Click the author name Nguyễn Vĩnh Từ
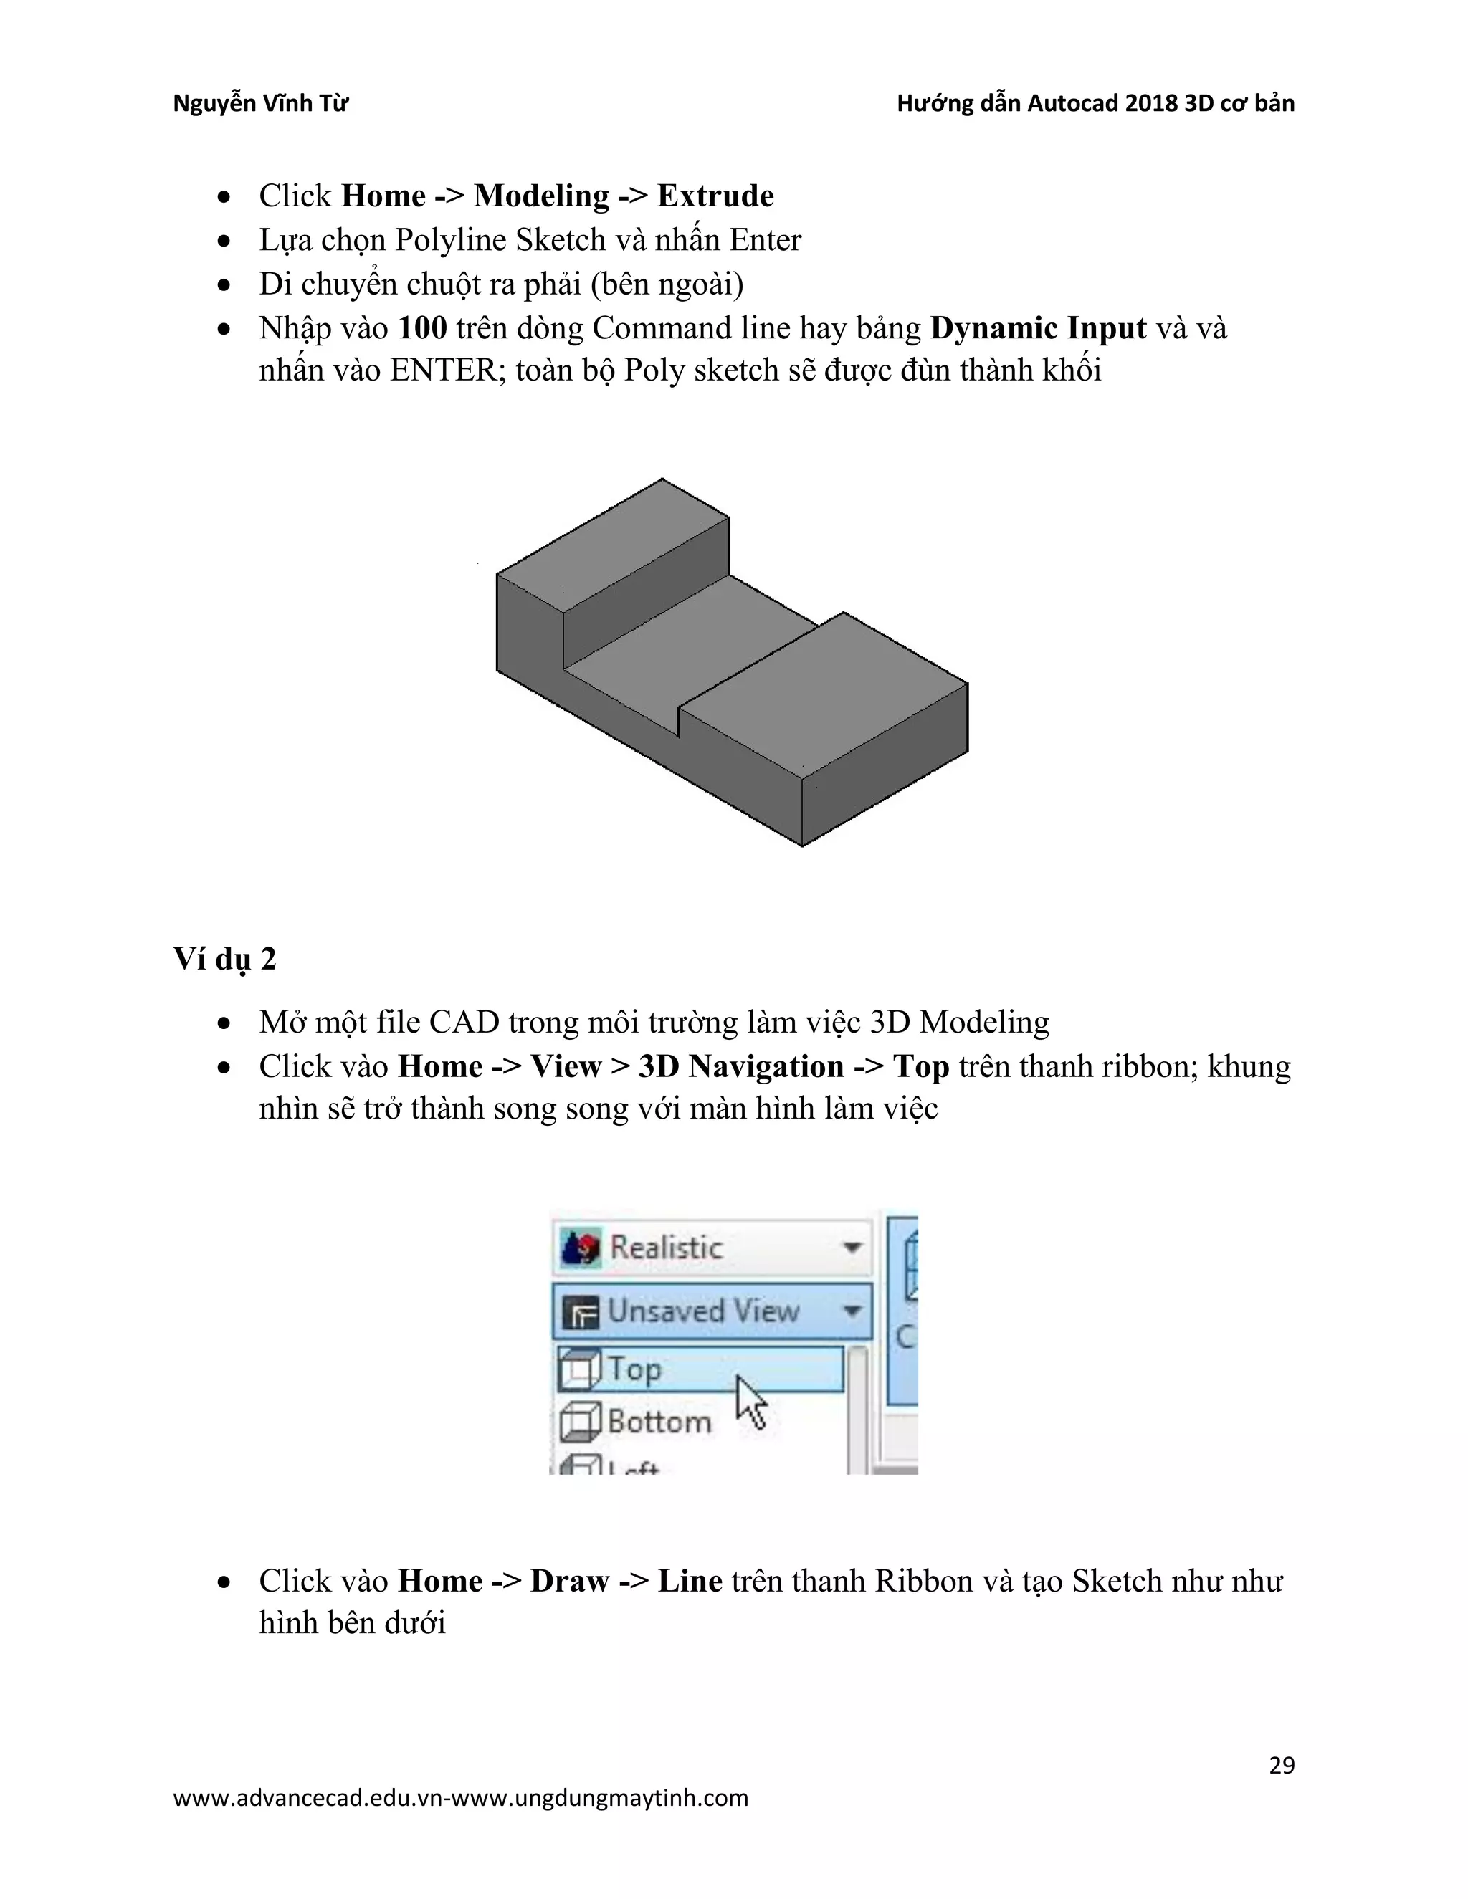tap(260, 103)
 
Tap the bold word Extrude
tap(715, 196)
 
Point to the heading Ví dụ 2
tap(224, 958)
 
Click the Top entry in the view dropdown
tap(635, 1369)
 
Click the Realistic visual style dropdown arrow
tap(852, 1248)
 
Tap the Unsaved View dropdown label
tap(702, 1311)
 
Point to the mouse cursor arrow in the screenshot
tap(750, 1400)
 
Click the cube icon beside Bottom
tap(579, 1422)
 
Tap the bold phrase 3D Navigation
tap(741, 1067)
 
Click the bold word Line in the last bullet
tap(690, 1581)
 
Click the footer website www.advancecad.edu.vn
tap(309, 1797)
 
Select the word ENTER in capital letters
tap(443, 370)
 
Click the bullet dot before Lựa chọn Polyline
tap(224, 241)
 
